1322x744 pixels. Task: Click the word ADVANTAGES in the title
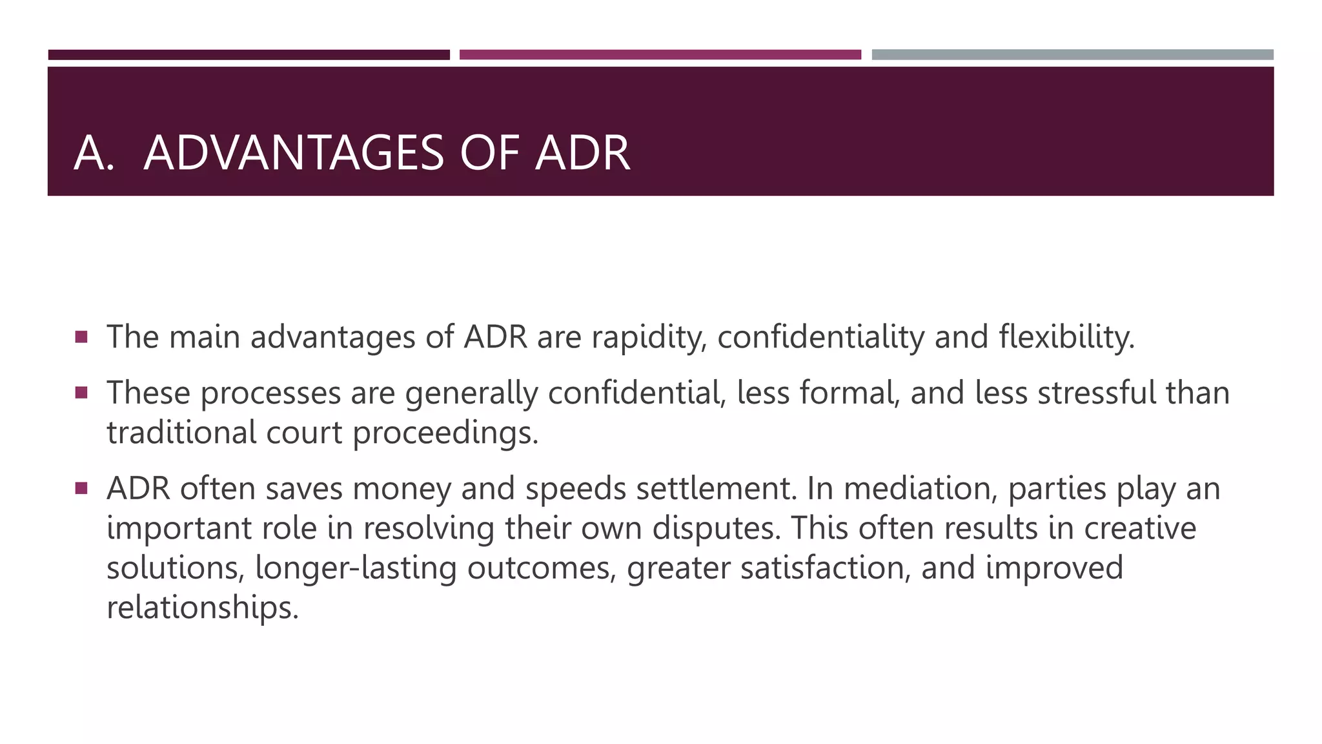click(294, 153)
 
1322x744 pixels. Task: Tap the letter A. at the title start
click(94, 153)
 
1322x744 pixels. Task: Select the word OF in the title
click(489, 153)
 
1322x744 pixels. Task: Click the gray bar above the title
click(1072, 55)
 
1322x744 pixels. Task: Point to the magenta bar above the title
click(660, 55)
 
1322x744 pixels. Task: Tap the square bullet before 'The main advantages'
click(81, 336)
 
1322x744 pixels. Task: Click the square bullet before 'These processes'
click(81, 392)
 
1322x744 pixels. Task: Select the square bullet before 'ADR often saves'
click(81, 488)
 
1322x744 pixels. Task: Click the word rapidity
click(649, 338)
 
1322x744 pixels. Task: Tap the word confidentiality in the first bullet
click(820, 338)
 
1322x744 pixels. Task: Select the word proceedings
click(445, 433)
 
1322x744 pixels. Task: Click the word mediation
click(920, 488)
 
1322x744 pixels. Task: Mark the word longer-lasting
click(356, 568)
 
